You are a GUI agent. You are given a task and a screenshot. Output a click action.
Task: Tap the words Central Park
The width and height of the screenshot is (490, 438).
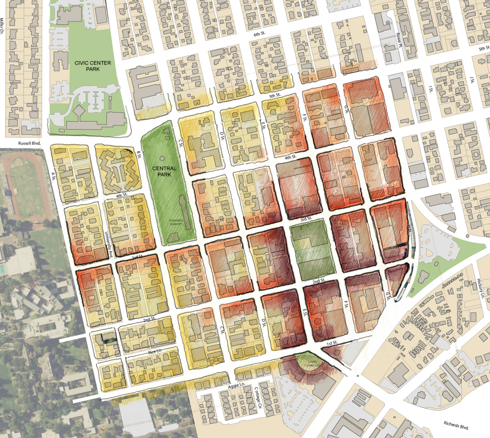164,172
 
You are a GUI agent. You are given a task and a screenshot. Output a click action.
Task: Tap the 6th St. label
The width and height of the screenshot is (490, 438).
259,35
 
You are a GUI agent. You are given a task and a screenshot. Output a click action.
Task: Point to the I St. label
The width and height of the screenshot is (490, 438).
430,89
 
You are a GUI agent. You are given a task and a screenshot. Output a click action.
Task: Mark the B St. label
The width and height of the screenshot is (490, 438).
139,156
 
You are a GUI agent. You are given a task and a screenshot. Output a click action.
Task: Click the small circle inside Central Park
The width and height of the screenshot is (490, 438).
162,157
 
